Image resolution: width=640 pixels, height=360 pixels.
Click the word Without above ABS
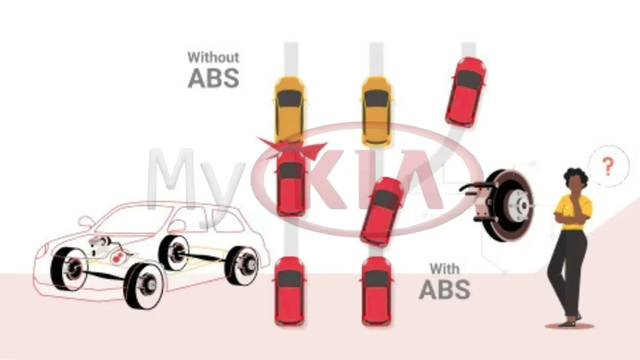click(x=213, y=57)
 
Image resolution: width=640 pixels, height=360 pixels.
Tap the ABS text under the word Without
click(x=214, y=78)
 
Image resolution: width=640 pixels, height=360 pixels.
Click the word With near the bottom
click(x=444, y=269)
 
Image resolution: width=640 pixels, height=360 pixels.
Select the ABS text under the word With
click(x=445, y=289)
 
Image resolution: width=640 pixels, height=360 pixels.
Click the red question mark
click(x=608, y=166)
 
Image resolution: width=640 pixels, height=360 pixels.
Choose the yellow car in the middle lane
click(x=377, y=111)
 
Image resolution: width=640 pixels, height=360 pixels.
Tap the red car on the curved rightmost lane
click(x=466, y=92)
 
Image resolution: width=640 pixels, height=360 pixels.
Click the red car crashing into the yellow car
click(x=291, y=182)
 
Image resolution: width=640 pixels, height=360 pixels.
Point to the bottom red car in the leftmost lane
click(x=290, y=291)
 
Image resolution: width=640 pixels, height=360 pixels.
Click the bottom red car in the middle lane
click(x=377, y=291)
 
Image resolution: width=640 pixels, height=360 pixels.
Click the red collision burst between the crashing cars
click(x=292, y=148)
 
